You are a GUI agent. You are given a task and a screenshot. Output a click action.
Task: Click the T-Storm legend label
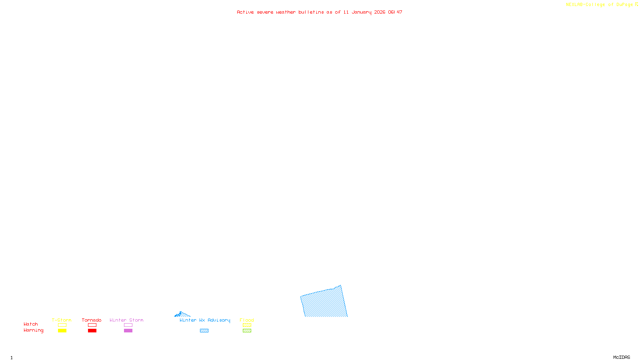pyautogui.click(x=62, y=320)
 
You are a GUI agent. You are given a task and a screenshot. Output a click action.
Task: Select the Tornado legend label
pyautogui.click(x=92, y=320)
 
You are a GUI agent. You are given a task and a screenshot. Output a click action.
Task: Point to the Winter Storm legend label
pyautogui.click(x=126, y=320)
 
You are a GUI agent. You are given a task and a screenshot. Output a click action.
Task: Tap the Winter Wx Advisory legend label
pyautogui.click(x=205, y=320)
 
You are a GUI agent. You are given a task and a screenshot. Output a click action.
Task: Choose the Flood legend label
pyautogui.click(x=247, y=320)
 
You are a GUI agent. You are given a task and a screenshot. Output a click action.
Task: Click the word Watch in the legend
pyautogui.click(x=31, y=324)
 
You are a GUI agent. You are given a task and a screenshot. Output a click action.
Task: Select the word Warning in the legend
pyautogui.click(x=33, y=330)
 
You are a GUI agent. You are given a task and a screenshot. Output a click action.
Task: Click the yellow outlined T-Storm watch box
pyautogui.click(x=62, y=325)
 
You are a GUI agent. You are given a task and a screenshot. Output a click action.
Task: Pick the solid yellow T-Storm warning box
pyautogui.click(x=62, y=331)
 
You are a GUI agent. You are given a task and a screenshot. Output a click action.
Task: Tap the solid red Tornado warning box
pyautogui.click(x=92, y=331)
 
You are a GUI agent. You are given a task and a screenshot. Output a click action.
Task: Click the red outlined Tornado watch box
pyautogui.click(x=92, y=325)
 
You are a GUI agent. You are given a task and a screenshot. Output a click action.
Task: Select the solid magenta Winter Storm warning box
pyautogui.click(x=128, y=331)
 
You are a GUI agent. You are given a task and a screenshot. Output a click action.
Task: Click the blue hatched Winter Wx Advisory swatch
pyautogui.click(x=204, y=331)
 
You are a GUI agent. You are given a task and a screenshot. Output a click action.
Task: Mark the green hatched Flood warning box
pyautogui.click(x=247, y=331)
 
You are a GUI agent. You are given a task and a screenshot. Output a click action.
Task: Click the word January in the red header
pyautogui.click(x=361, y=12)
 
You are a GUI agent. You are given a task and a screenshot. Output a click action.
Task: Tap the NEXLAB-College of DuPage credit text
pyautogui.click(x=600, y=5)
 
